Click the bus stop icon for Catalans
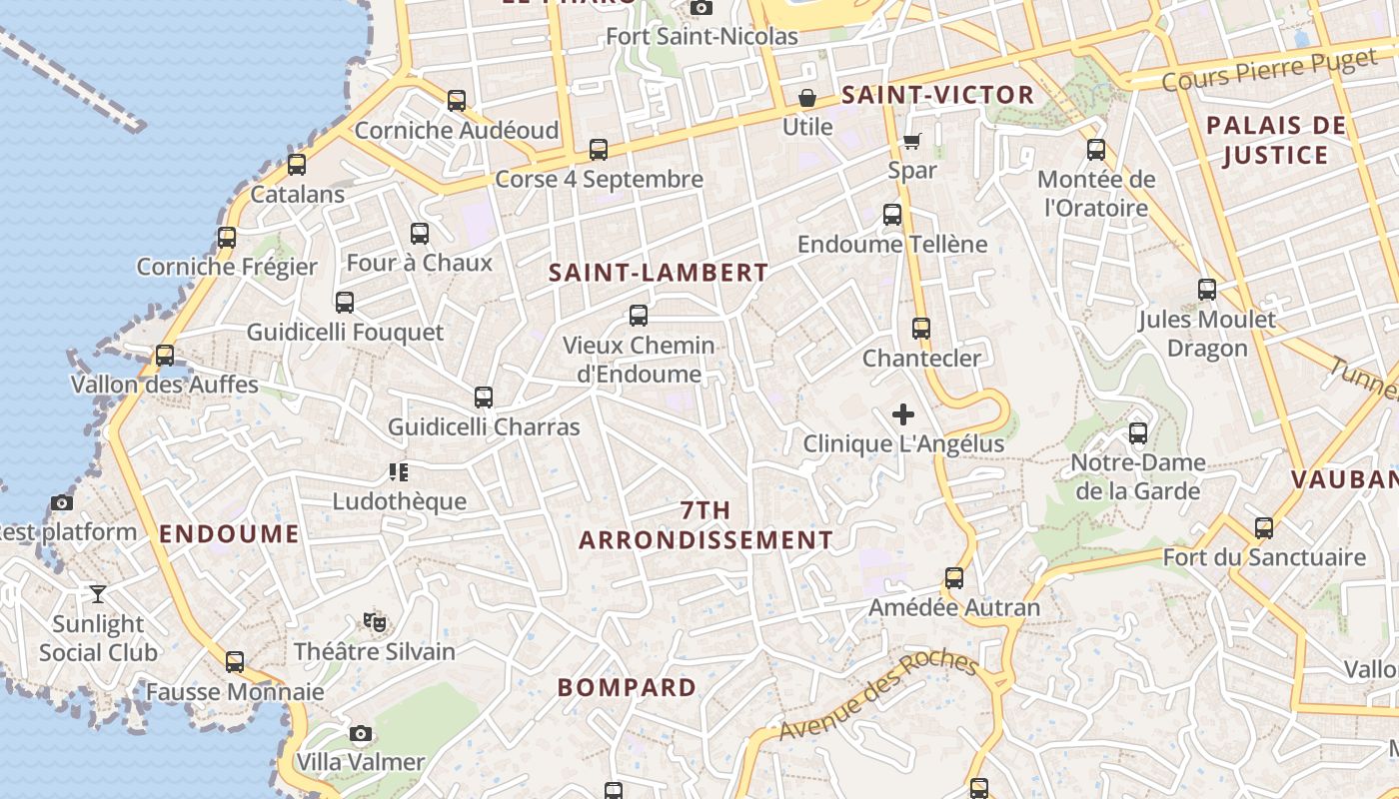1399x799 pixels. [297, 165]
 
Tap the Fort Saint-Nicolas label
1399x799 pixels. [702, 37]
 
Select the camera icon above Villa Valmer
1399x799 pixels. [361, 734]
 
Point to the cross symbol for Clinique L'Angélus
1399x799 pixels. [903, 414]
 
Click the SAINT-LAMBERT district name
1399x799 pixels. [659, 273]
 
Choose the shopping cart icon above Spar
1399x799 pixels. [911, 141]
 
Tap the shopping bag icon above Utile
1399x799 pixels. [806, 98]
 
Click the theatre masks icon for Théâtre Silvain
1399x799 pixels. [375, 622]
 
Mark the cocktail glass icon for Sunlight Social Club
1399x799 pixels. [98, 594]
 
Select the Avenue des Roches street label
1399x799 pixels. [877, 696]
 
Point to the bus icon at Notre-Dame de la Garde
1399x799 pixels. [1138, 433]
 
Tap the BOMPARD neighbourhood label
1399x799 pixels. [627, 687]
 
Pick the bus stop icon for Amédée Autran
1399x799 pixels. [954, 578]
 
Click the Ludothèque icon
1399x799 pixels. [399, 471]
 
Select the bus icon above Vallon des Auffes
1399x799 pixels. [165, 355]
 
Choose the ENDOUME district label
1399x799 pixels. [229, 533]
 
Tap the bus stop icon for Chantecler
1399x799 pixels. [921, 329]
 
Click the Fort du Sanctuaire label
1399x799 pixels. [1264, 557]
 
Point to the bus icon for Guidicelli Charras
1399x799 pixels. [484, 398]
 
